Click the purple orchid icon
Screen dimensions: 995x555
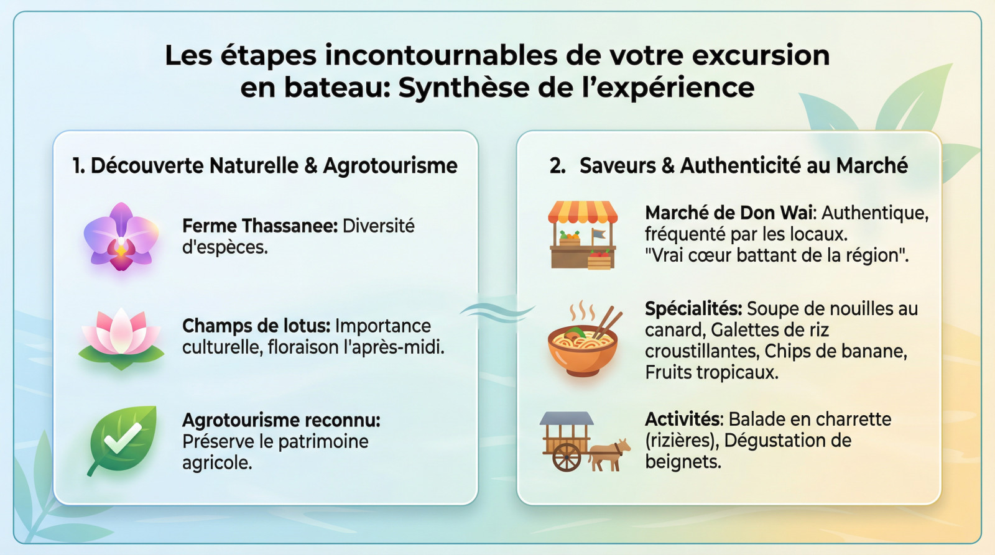121,237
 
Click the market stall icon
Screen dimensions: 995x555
582,236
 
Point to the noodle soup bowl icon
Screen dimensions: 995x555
583,341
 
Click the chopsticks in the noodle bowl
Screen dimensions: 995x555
608,321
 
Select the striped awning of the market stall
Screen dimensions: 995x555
582,212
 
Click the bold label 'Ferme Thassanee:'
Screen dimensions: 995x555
261,226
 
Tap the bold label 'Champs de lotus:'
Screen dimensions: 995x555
256,326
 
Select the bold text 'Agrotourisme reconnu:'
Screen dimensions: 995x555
281,420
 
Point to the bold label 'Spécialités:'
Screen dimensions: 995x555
693,309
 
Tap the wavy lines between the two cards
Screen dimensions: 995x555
497,312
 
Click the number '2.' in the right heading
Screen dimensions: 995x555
557,166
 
